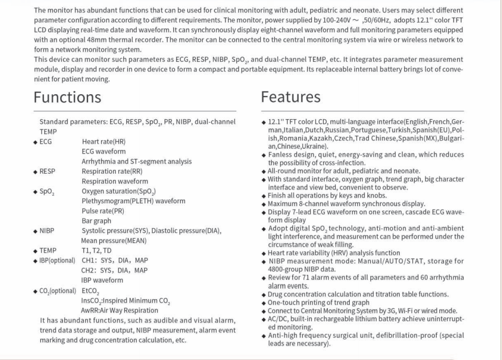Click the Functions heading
pyautogui.click(x=67, y=97)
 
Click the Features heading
pyautogui.click(x=290, y=97)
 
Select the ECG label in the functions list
pyautogui.click(x=48, y=141)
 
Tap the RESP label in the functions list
pyautogui.click(x=50, y=171)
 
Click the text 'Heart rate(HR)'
pyautogui.click(x=104, y=141)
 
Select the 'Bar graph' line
pyautogui.click(x=97, y=220)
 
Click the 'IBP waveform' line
pyautogui.click(x=102, y=280)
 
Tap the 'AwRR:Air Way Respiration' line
pyautogui.click(x=120, y=310)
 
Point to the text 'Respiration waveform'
pyautogui.click(x=115, y=181)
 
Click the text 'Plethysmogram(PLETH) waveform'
pyautogui.click(x=133, y=200)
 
